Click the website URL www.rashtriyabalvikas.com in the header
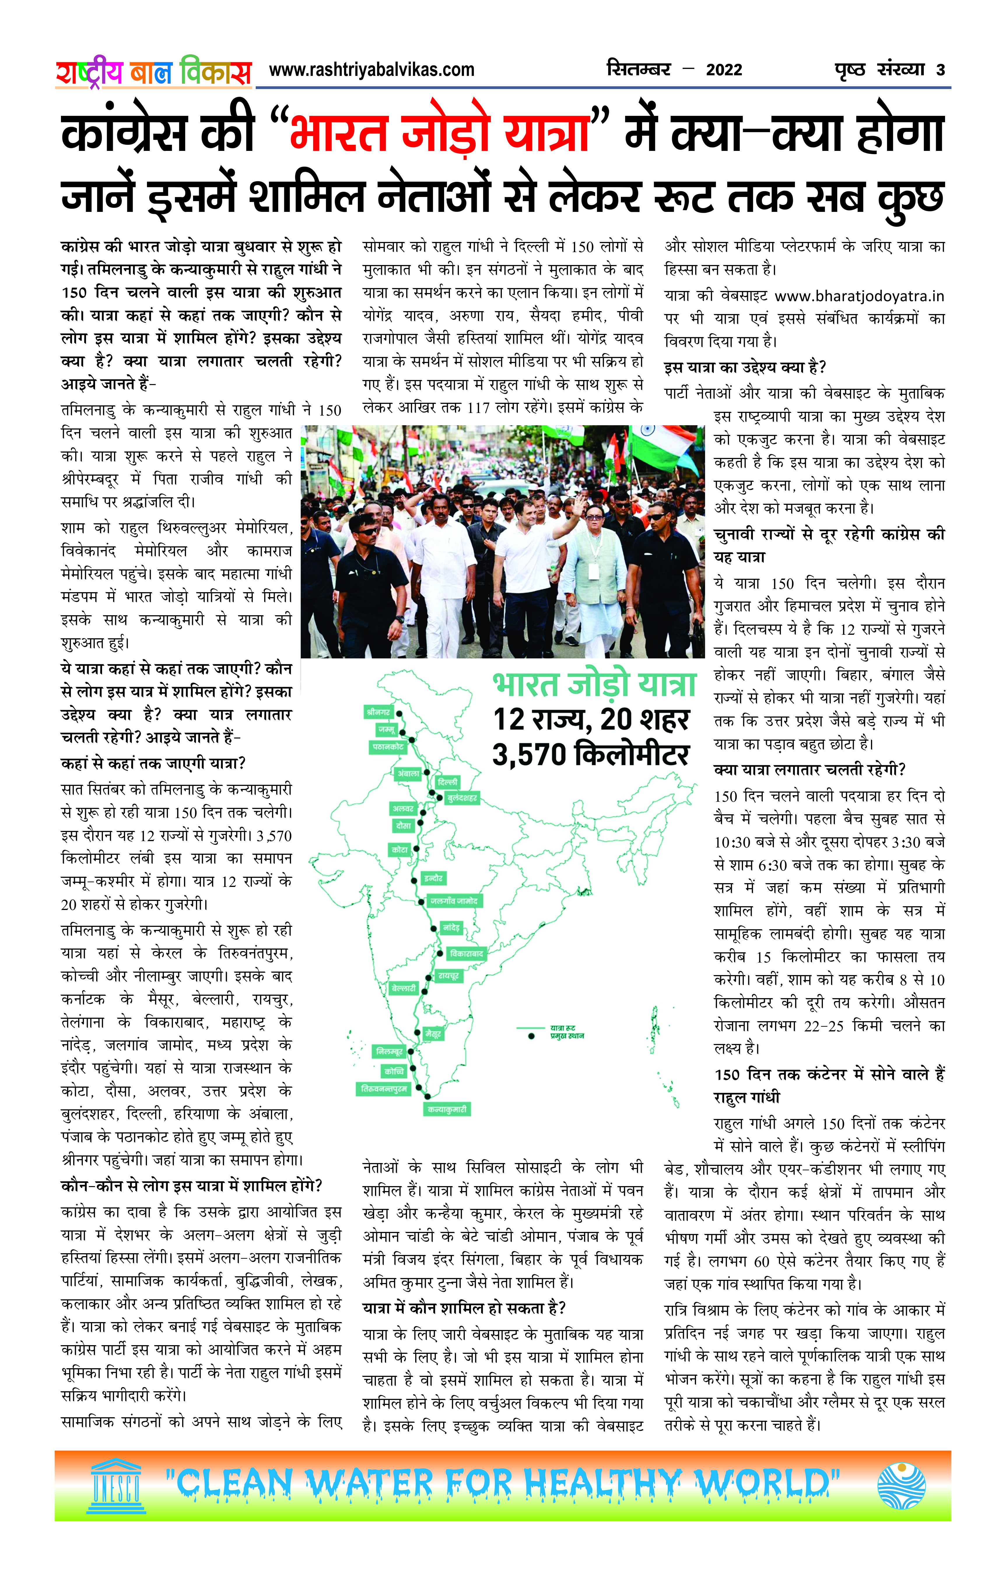371,70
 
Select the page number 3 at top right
941,70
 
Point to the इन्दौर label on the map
433,878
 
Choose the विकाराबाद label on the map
466,953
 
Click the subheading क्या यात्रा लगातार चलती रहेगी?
809,770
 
